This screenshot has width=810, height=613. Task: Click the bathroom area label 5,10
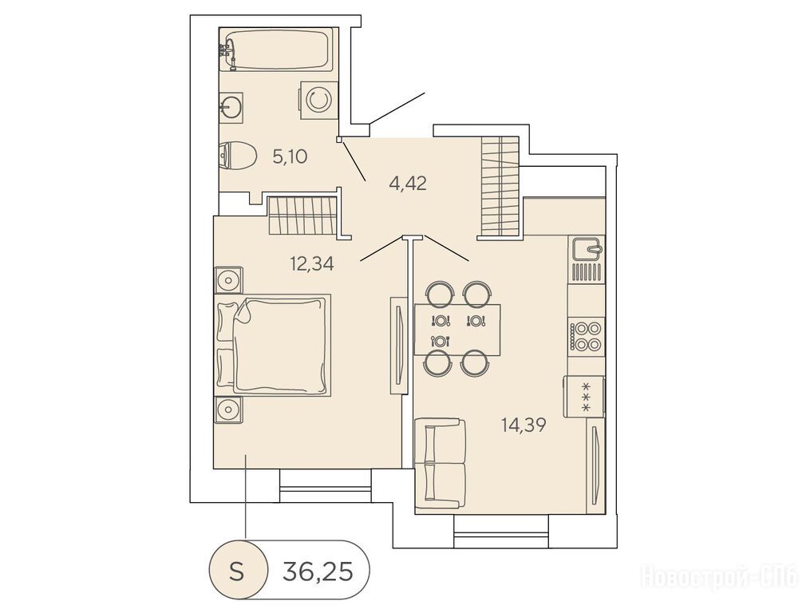coord(290,156)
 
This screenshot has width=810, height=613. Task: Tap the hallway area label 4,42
coord(408,184)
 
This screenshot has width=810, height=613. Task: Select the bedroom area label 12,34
coord(312,263)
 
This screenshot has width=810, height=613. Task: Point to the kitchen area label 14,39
coord(524,425)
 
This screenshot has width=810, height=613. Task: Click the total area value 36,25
coord(318,571)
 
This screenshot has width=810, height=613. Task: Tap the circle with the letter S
coord(238,571)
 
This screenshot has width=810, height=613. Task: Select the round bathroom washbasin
coord(231,108)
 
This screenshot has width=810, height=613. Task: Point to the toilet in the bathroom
coord(237,156)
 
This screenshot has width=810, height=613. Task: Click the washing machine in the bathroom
coord(316,100)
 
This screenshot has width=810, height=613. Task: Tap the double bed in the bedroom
coord(272,346)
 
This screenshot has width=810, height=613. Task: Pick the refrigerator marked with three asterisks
coord(585,397)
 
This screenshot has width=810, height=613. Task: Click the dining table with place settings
coord(457,330)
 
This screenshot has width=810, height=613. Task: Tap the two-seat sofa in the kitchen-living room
coord(441,464)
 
